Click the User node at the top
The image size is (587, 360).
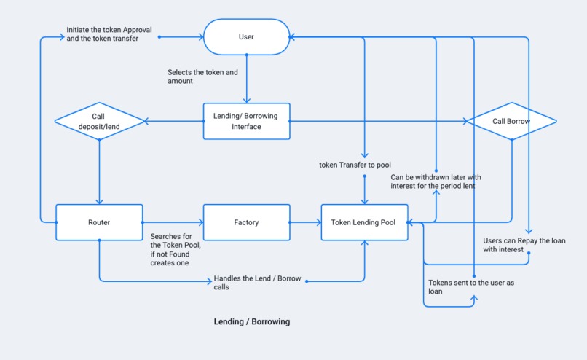[x=246, y=36]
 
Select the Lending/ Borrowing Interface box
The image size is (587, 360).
[x=246, y=121]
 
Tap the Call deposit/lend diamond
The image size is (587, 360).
[x=98, y=121]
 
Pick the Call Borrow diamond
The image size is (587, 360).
[x=511, y=121]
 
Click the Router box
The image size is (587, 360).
[x=98, y=222]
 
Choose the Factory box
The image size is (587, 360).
[x=246, y=222]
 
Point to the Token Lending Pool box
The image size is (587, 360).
[x=363, y=222]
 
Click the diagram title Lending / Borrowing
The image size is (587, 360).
[x=251, y=321]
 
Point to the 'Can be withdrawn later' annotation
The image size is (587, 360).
[x=436, y=181]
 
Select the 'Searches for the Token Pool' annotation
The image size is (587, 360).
[x=176, y=249]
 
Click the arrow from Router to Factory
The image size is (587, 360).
[x=172, y=222]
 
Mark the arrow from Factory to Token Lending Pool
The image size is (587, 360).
[x=305, y=222]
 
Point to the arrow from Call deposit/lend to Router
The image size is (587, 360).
[x=98, y=171]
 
